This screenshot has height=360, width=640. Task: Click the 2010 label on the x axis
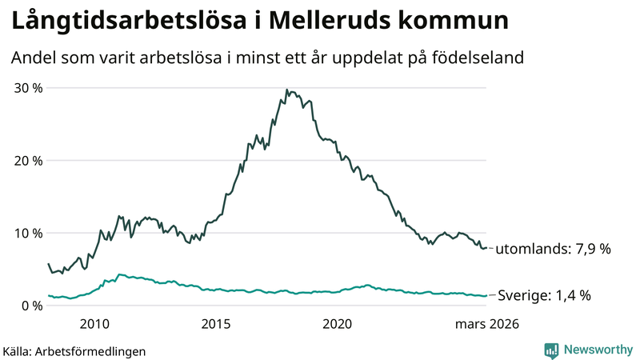point(94,324)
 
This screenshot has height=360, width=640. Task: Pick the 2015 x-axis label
point(216,324)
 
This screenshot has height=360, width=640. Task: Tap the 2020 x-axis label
point(337,324)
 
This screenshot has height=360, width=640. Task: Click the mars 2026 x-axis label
point(487,324)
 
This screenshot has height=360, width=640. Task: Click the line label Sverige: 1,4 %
point(545,296)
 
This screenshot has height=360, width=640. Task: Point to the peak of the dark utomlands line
point(286,90)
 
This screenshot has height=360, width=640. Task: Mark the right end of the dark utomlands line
point(486,248)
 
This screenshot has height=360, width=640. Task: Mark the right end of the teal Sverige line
point(486,295)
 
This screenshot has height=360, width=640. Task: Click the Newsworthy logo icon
point(551,350)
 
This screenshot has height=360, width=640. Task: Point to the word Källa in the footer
point(18,350)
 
